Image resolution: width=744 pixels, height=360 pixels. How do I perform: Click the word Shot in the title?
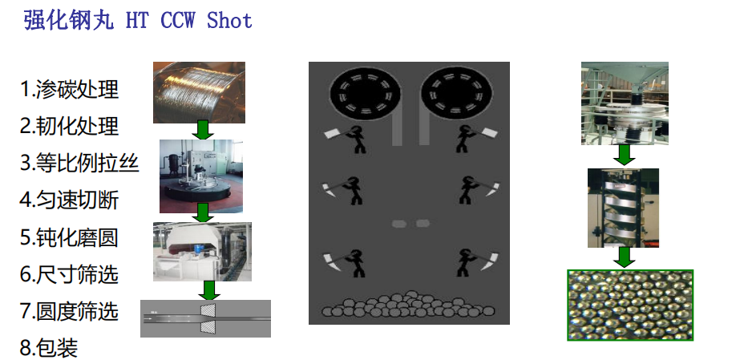point(229,20)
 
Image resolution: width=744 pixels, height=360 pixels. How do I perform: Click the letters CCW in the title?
point(177,20)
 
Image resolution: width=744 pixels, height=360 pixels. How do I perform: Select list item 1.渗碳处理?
point(69,89)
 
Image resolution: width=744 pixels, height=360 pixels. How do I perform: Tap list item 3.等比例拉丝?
point(79,163)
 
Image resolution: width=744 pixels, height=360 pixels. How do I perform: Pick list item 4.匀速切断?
point(69,200)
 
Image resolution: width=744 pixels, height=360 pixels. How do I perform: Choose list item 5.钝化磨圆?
point(69,237)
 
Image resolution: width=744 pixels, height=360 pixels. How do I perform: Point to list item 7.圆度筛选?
point(69,312)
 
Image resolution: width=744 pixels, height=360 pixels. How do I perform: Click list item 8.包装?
point(49,348)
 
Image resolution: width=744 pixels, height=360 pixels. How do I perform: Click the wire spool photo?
point(199,92)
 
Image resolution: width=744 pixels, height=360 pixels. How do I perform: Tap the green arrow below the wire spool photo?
point(203,129)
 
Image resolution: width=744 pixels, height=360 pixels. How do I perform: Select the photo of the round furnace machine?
point(201,176)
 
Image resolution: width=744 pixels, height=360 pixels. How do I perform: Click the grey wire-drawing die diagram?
point(205,318)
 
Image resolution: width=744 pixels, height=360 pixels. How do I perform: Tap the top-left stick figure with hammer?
point(345,138)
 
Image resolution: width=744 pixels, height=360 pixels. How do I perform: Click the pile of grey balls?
point(408,305)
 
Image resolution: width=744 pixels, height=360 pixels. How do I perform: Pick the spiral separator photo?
point(623,208)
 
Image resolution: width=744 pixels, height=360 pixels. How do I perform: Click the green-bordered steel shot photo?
point(631,305)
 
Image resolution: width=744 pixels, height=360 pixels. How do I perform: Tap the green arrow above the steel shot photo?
point(624,257)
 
